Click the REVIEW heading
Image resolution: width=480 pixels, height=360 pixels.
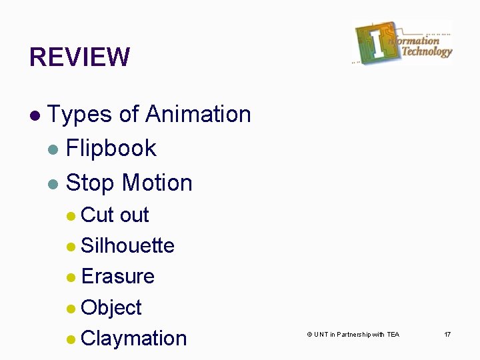[x=79, y=57]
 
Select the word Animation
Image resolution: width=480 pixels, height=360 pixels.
[x=198, y=115]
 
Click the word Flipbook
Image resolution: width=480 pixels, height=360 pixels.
[x=111, y=148]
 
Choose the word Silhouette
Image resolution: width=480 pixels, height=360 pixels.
[x=127, y=245]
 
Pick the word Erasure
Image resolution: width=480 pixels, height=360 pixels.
[x=117, y=276]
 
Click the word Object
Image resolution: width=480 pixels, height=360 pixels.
[x=111, y=307]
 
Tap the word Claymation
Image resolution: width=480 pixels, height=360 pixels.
[x=133, y=338]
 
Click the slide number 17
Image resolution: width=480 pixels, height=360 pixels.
[x=447, y=334]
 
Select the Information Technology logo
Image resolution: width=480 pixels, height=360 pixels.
[x=403, y=43]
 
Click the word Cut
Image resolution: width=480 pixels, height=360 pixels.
[x=97, y=215]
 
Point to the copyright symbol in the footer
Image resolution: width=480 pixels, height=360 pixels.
[x=309, y=334]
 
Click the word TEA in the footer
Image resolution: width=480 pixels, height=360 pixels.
[x=393, y=334]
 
